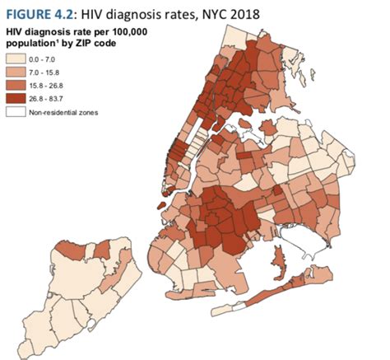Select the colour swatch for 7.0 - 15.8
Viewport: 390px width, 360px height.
click(x=17, y=72)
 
